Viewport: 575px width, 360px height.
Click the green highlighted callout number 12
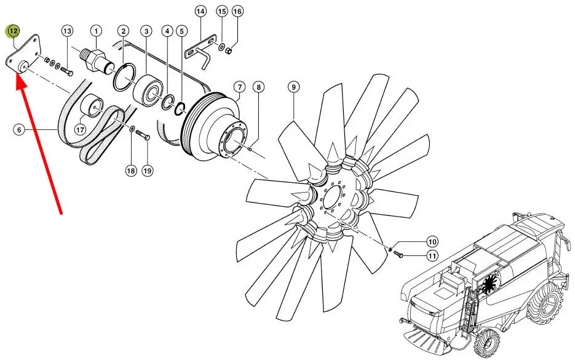pyautogui.click(x=13, y=31)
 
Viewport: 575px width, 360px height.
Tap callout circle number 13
pyautogui.click(x=67, y=31)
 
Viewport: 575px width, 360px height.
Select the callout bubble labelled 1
pyautogui.click(x=96, y=31)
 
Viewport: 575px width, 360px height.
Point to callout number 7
pyautogui.click(x=239, y=87)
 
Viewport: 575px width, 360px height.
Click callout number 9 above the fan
pyautogui.click(x=294, y=87)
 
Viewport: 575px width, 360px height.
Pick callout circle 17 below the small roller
pyautogui.click(x=80, y=129)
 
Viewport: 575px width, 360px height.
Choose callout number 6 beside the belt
pyautogui.click(x=19, y=130)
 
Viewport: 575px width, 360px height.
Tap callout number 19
pyautogui.click(x=147, y=170)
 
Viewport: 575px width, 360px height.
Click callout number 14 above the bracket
pyautogui.click(x=200, y=11)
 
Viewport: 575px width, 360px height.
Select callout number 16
pyautogui.click(x=237, y=11)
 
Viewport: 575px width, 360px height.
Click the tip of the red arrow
pyautogui.click(x=17, y=74)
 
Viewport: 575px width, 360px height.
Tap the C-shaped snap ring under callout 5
pyautogui.click(x=180, y=109)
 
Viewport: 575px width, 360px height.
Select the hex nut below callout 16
pyautogui.click(x=228, y=50)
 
